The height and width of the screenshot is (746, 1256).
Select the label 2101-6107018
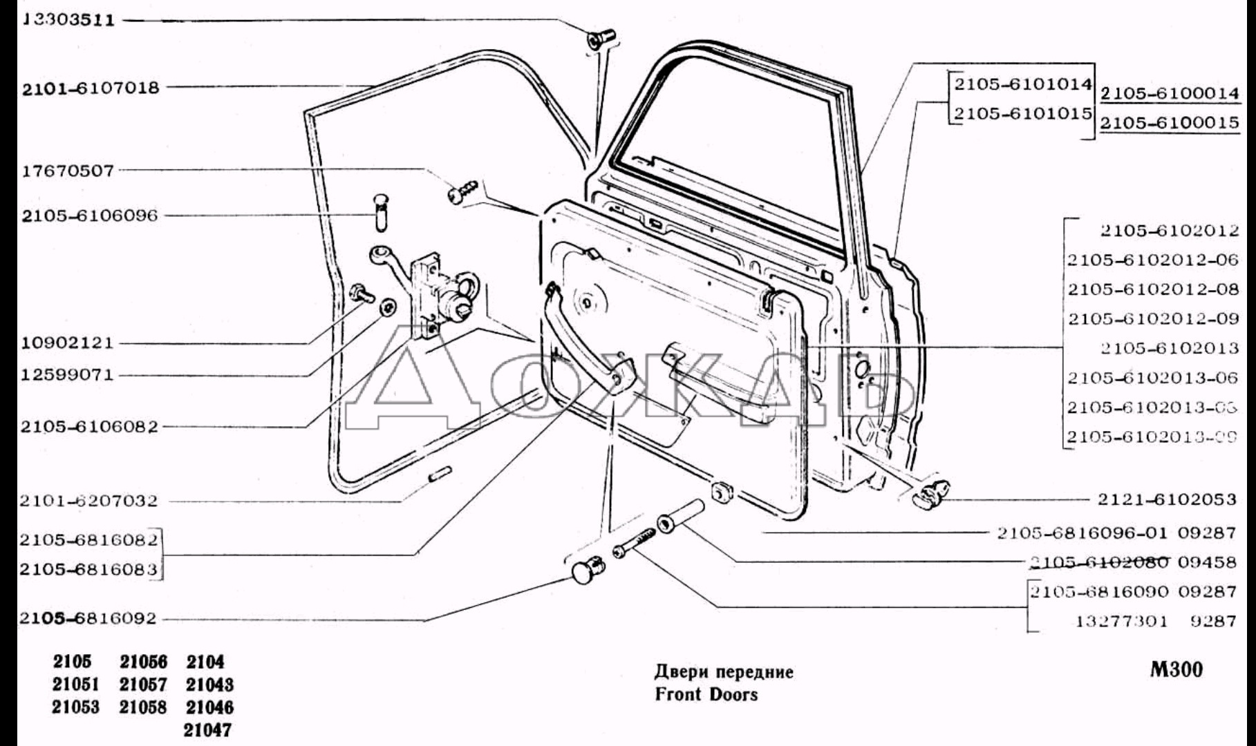click(x=91, y=88)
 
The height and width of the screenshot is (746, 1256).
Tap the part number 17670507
click(x=68, y=171)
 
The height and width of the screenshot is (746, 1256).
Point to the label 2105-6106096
click(x=90, y=216)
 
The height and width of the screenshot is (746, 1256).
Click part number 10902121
click(x=68, y=343)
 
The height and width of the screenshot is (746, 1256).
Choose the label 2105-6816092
click(x=88, y=618)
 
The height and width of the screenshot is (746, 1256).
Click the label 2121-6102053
click(x=1167, y=499)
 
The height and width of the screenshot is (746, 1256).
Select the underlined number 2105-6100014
click(x=1170, y=93)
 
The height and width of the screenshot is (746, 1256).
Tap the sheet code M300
click(x=1177, y=669)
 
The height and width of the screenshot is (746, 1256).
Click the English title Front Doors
click(x=706, y=694)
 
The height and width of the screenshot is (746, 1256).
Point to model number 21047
click(x=208, y=729)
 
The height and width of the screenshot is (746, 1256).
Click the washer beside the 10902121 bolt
click(x=388, y=307)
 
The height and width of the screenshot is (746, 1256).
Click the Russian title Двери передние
click(x=724, y=671)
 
